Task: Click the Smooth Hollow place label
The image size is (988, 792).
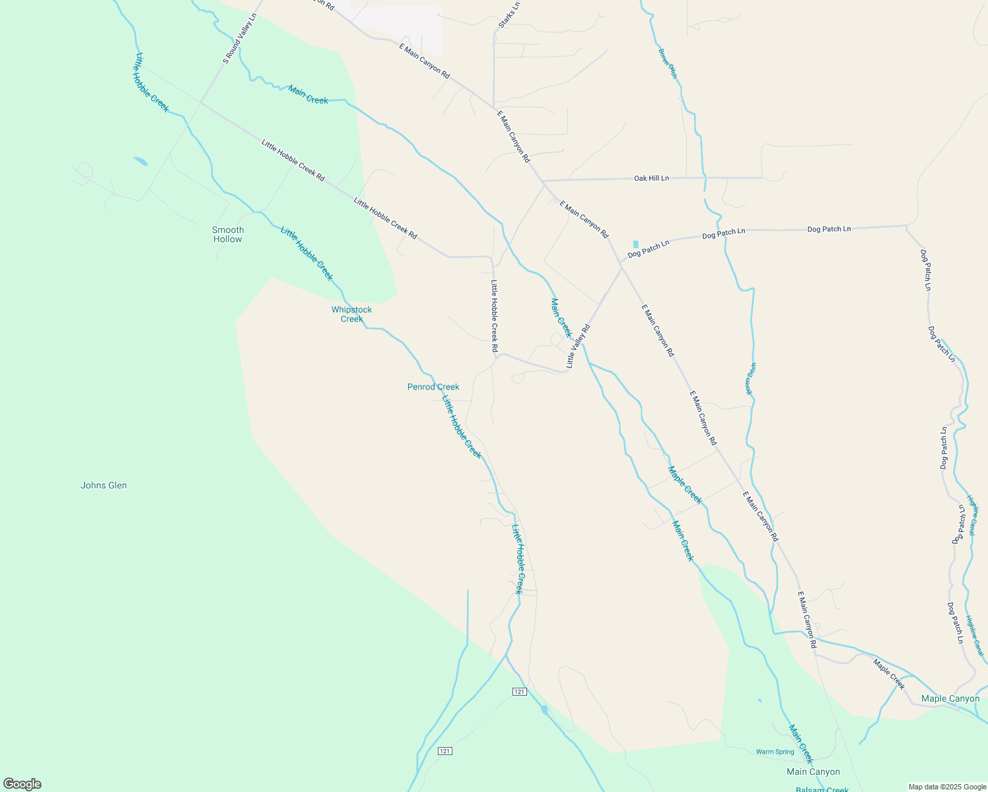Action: coord(228,234)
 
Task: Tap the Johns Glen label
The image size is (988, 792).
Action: coord(104,485)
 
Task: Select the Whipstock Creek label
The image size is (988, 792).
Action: coord(351,314)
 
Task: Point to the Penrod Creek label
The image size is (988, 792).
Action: coord(433,387)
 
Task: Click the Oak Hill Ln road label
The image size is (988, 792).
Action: coord(651,178)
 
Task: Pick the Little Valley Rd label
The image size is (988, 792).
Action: coord(578,346)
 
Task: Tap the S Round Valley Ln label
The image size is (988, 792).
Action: coord(239,39)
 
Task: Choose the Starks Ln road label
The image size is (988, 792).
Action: coord(509,15)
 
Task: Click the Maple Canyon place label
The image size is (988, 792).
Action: coord(950,698)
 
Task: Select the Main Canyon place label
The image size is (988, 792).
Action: coord(813,772)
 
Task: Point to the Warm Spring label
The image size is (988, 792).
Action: coord(775,752)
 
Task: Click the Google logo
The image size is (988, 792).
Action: coord(22,784)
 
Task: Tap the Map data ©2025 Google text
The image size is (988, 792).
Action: coord(947,787)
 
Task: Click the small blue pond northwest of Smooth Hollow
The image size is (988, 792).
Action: coord(140,161)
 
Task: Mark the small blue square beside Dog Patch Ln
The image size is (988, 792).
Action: coord(636,244)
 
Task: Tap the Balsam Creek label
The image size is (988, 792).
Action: coord(822,789)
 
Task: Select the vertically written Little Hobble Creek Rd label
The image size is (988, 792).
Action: coord(494,315)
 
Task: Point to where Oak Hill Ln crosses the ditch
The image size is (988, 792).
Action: coord(705,178)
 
